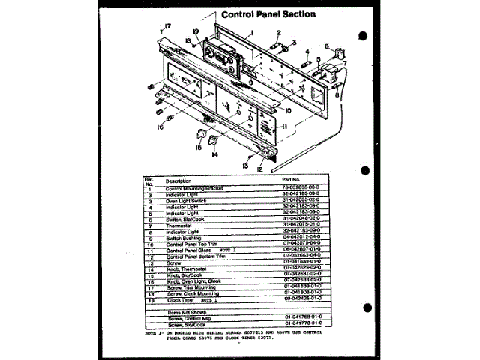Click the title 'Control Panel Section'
[x=268, y=13]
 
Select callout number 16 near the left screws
[x=159, y=127]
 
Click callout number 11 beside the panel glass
[x=285, y=128]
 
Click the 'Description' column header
[x=178, y=181]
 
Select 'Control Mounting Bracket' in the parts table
[x=196, y=187]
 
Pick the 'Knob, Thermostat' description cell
[x=185, y=269]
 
